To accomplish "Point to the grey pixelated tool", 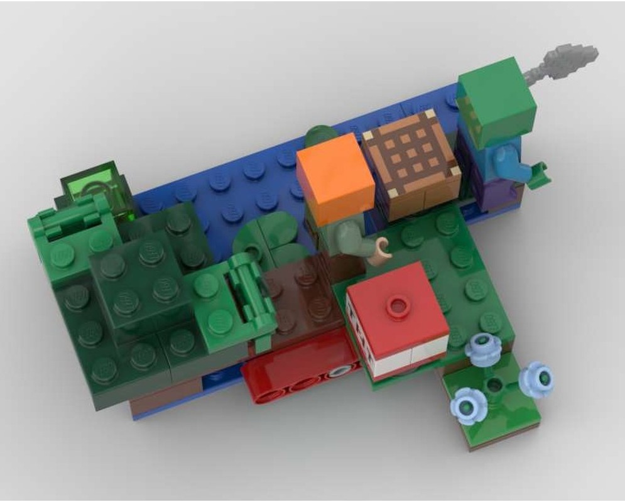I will [x=562, y=60].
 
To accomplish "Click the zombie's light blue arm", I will [x=508, y=161].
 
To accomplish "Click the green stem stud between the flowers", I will [x=496, y=383].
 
